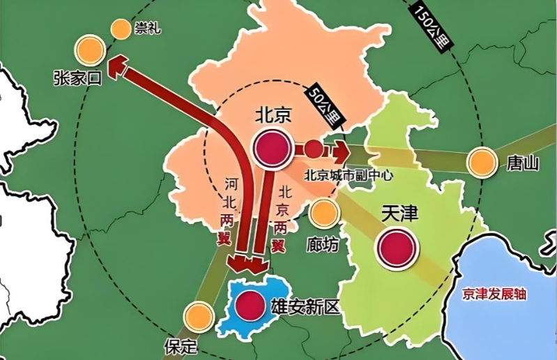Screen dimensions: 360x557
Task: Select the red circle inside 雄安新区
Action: (x=249, y=305)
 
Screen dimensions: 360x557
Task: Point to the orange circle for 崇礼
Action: (x=121, y=29)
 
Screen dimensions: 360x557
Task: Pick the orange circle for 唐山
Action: (x=481, y=163)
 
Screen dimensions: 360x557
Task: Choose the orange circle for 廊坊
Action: (x=323, y=214)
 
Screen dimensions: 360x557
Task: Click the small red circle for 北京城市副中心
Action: (x=314, y=149)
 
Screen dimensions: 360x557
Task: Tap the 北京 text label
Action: (x=273, y=116)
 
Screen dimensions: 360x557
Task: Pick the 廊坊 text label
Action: (x=322, y=245)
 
